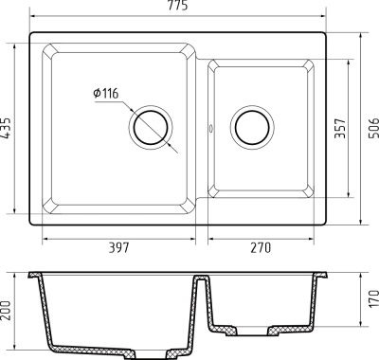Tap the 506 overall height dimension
[x=371, y=130]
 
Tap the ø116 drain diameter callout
[x=105, y=92]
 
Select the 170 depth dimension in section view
[x=371, y=301]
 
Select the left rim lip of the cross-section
[x=34, y=277]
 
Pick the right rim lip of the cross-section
[x=325, y=277]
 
